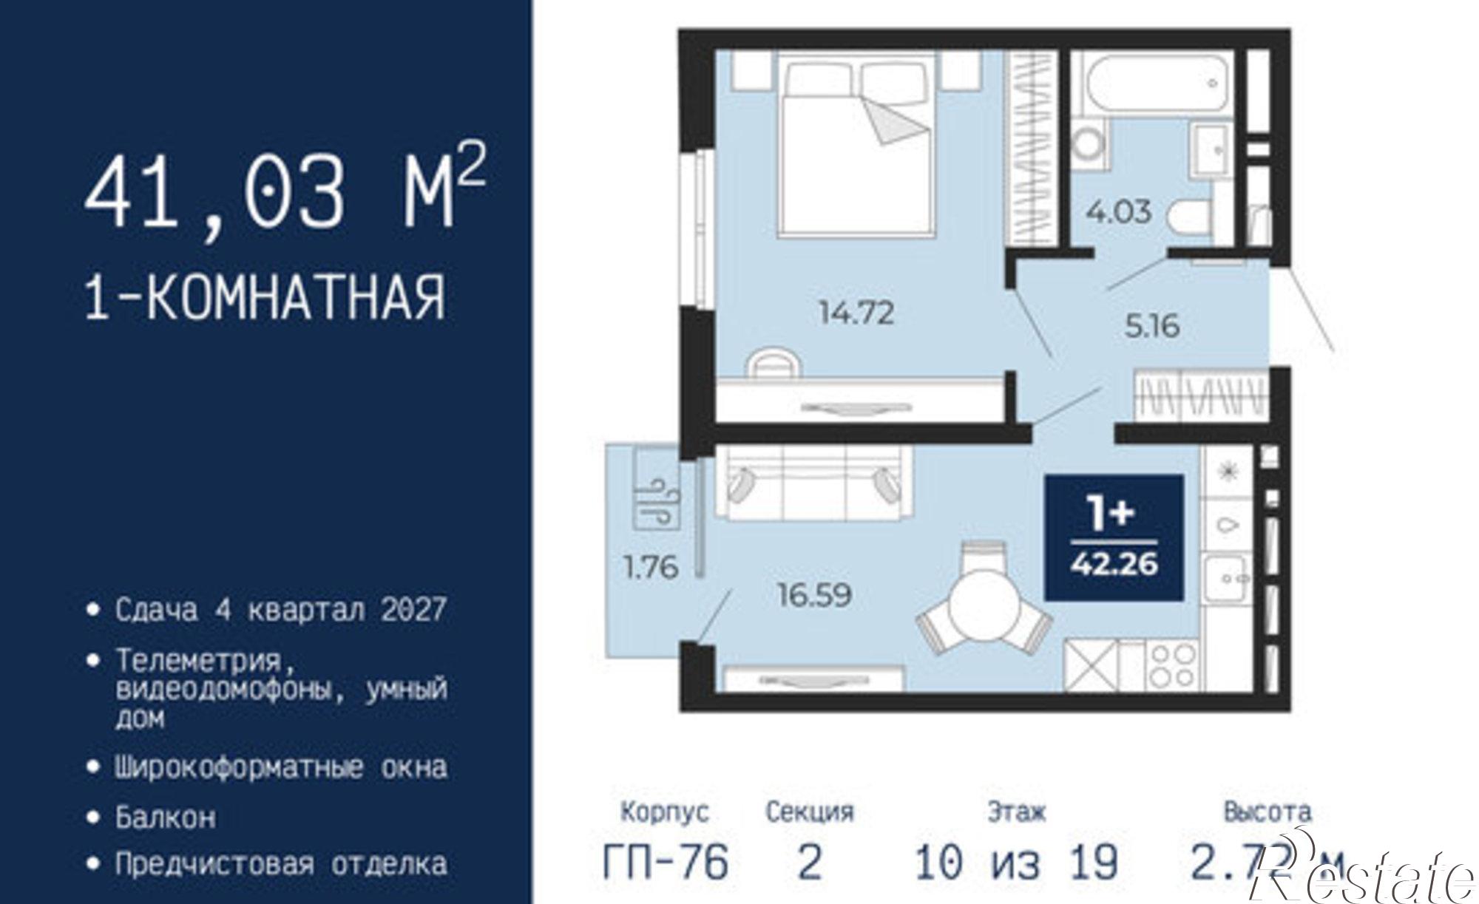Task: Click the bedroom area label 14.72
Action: coord(856,313)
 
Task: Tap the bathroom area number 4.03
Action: coord(1118,212)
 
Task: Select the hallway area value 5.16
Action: coord(1151,326)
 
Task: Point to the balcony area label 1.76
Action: coord(650,567)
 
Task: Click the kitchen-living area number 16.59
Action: coord(814,594)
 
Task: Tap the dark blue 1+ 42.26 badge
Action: coord(1114,537)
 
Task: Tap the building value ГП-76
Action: coord(666,862)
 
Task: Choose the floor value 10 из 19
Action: coord(1016,862)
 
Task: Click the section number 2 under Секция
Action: coord(809,862)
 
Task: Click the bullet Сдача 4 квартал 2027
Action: coord(281,610)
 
